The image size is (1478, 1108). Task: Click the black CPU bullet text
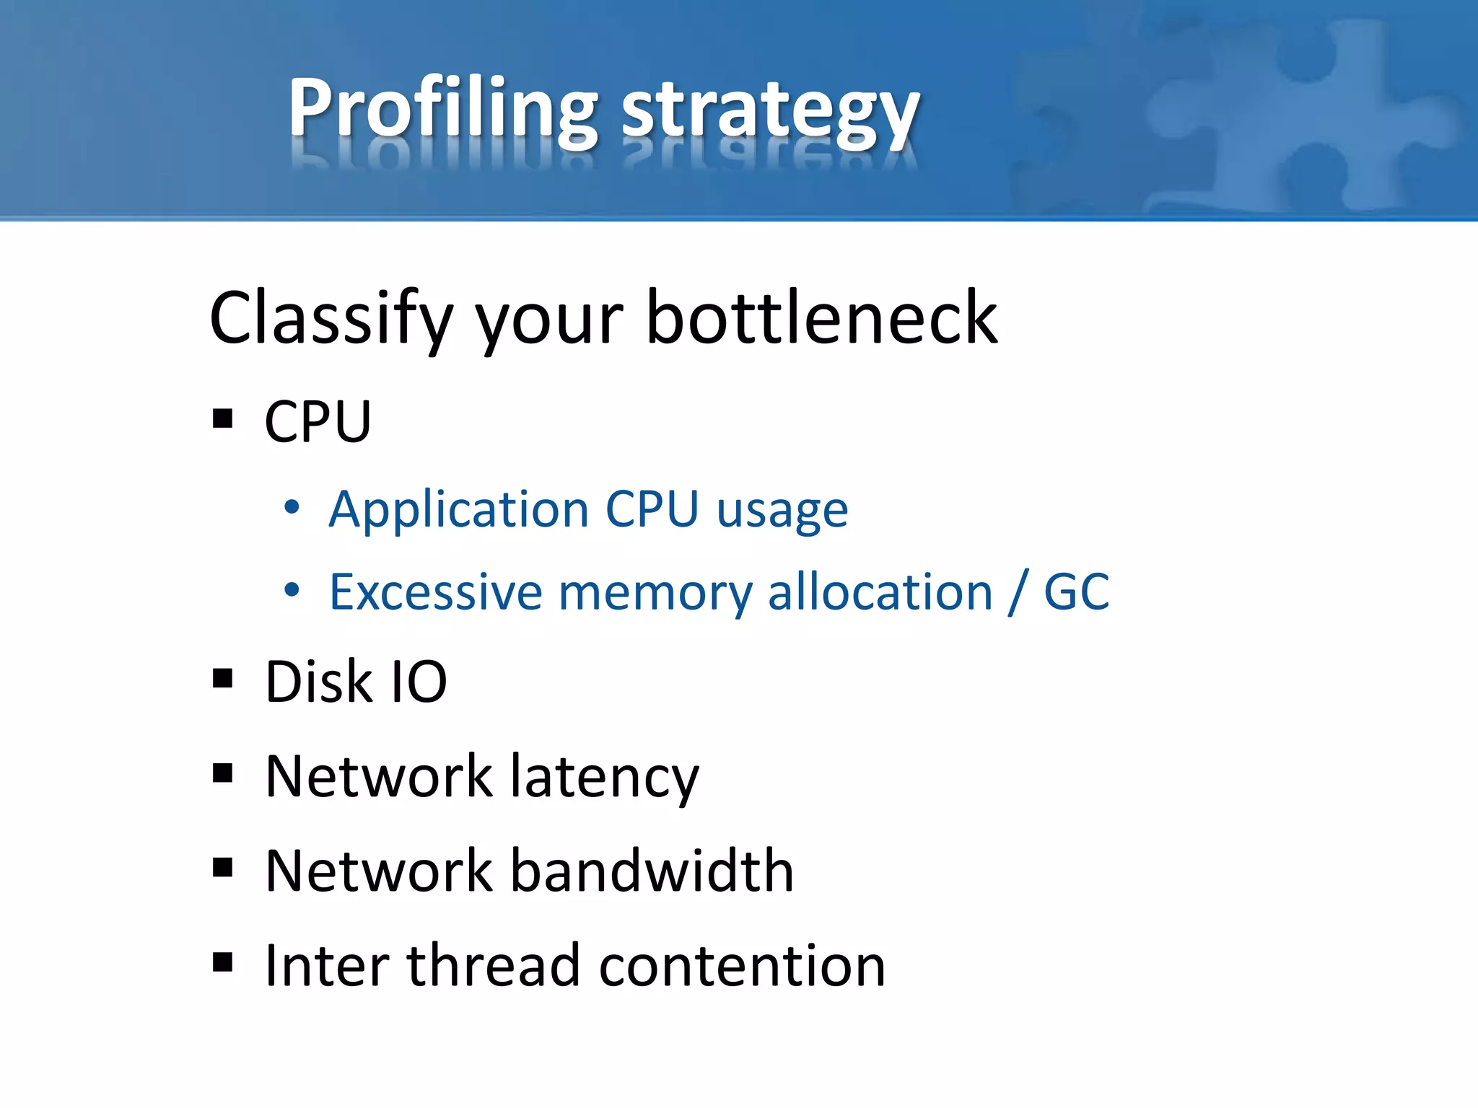click(x=318, y=421)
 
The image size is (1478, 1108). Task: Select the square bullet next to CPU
click(x=223, y=419)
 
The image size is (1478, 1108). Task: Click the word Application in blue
click(x=459, y=509)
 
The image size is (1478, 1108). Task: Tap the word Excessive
click(x=435, y=592)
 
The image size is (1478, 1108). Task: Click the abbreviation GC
click(x=1077, y=592)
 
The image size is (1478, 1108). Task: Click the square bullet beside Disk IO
click(x=223, y=679)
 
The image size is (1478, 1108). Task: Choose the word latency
click(x=605, y=777)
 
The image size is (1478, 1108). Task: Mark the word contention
click(x=742, y=965)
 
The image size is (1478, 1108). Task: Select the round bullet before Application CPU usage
click(x=292, y=508)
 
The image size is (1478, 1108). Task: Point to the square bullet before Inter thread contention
click(x=223, y=962)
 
